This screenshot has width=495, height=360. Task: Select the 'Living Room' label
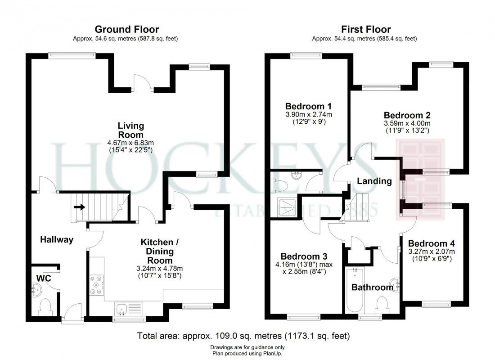point(130,130)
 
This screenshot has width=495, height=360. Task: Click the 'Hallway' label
point(57,240)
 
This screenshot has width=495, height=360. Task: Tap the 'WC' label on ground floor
point(43,279)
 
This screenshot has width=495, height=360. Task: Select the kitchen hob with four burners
point(96,285)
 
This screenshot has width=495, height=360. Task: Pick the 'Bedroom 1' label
point(308,107)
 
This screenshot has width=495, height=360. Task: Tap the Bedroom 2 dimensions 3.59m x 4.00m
point(407,124)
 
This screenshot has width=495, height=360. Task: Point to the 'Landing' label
point(374,181)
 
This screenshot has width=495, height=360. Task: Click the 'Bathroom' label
point(372,288)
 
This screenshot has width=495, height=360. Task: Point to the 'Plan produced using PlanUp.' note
point(247,354)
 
